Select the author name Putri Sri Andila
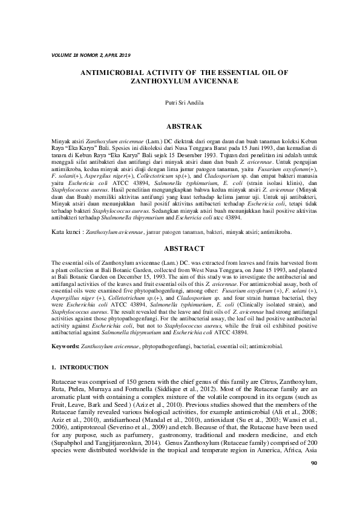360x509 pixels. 180,103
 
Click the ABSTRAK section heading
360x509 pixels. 180,127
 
